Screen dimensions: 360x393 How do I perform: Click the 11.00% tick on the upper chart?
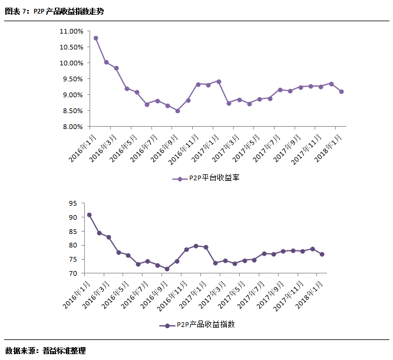(x=71, y=31)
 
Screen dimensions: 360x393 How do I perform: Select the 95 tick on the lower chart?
(x=73, y=203)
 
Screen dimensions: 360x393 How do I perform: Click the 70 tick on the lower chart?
(x=73, y=273)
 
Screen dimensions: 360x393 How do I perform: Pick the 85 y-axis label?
(x=73, y=232)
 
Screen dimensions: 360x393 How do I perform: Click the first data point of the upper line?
(x=95, y=38)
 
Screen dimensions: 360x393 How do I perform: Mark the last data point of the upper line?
(x=342, y=91)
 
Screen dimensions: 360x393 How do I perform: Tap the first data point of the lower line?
(x=89, y=215)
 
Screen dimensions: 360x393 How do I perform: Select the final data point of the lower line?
(x=322, y=254)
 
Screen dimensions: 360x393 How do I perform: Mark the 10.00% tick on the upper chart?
(x=71, y=63)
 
